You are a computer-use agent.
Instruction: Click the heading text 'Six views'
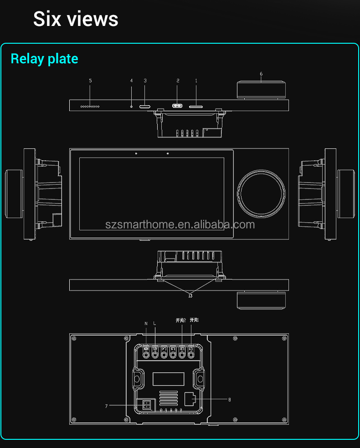tap(76, 19)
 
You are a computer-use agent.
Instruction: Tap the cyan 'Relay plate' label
tap(44, 59)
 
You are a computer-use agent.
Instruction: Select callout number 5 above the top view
tap(90, 81)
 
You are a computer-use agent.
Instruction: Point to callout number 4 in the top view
tap(131, 81)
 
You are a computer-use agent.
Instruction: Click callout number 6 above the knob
tap(261, 74)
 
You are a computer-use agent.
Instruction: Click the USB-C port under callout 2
tap(177, 106)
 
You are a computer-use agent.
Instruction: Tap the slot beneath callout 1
tap(196, 106)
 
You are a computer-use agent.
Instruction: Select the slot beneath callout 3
tap(145, 106)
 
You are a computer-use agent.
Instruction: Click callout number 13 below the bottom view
tap(190, 295)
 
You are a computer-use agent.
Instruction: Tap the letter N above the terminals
tap(146, 323)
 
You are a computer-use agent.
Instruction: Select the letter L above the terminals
tap(155, 323)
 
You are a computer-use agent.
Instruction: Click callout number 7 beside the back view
tap(106, 405)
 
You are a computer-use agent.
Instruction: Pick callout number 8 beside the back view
tap(229, 400)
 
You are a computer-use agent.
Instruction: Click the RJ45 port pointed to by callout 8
tap(190, 399)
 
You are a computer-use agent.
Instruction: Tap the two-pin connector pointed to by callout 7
tap(147, 405)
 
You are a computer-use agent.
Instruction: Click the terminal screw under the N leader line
tap(146, 354)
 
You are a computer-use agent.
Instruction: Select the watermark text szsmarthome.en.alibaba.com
tap(180, 224)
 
